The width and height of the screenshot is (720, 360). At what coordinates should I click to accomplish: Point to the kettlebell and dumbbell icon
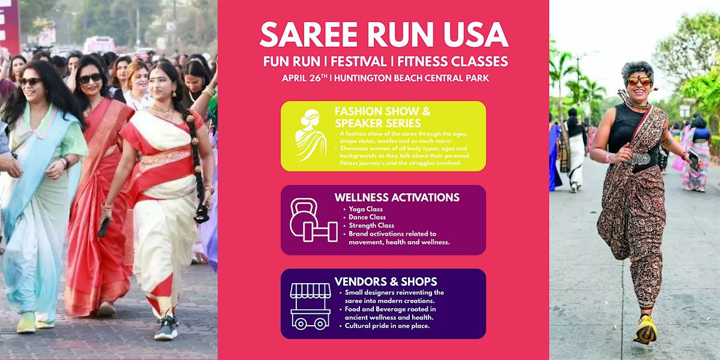click(x=312, y=220)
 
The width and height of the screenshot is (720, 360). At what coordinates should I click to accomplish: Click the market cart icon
click(x=310, y=305)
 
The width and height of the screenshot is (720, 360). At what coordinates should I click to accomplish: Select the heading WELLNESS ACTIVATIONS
click(x=397, y=197)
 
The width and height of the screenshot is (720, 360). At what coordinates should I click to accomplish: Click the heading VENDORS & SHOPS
click(x=386, y=281)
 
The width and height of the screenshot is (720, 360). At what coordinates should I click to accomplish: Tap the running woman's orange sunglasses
click(x=639, y=80)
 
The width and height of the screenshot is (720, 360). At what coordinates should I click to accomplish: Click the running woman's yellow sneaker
click(x=645, y=329)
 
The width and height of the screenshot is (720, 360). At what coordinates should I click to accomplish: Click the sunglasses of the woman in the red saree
click(x=91, y=78)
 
